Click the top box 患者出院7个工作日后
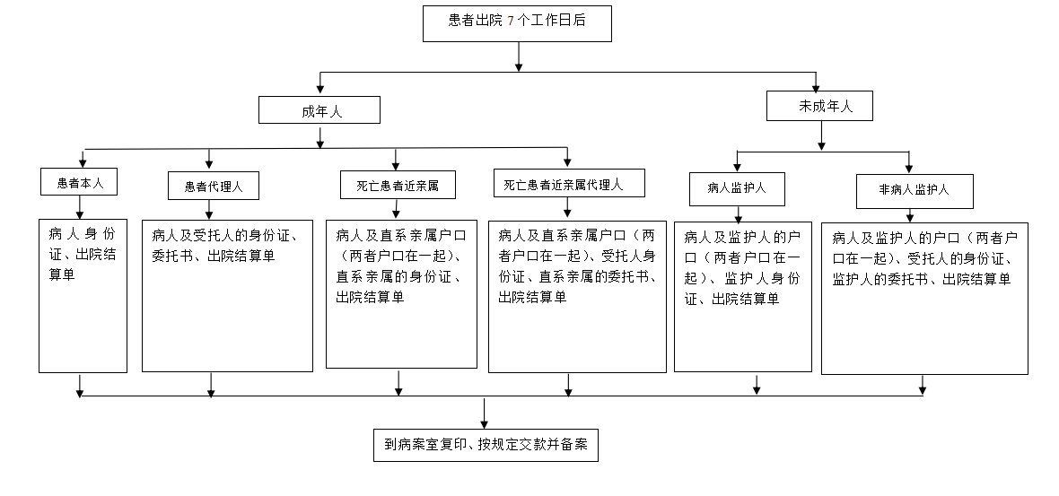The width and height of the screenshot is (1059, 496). click(517, 22)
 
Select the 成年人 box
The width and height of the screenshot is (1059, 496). click(319, 110)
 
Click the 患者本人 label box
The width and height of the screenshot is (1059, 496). click(81, 182)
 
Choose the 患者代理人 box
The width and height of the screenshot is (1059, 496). click(210, 186)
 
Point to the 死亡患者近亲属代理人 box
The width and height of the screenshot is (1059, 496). click(567, 185)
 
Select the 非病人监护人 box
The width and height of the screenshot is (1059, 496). click(913, 190)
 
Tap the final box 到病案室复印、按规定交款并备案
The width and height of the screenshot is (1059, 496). click(486, 444)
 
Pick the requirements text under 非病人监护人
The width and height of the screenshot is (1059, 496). click(923, 258)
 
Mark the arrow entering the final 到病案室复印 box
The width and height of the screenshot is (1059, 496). click(486, 419)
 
